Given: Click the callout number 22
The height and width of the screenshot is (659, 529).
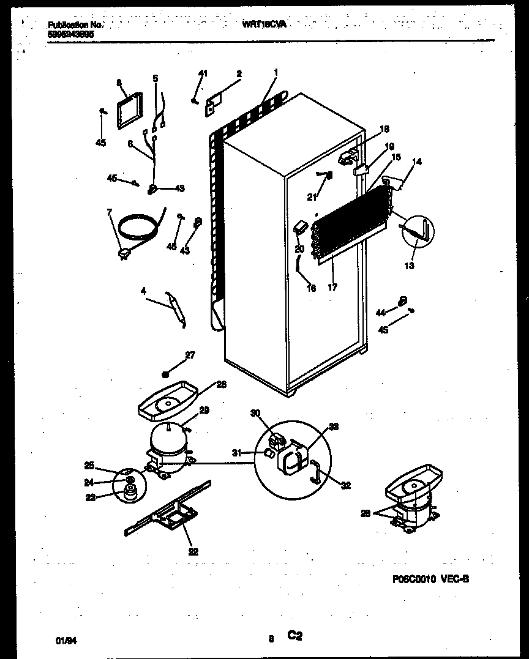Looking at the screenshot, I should (x=194, y=552).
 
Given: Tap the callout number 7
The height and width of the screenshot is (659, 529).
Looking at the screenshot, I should (x=110, y=212).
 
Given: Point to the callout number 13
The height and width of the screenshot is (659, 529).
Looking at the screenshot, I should (x=408, y=266).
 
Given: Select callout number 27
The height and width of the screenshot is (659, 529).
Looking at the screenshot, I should (x=190, y=354).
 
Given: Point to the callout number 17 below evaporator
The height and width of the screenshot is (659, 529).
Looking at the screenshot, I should (x=332, y=286).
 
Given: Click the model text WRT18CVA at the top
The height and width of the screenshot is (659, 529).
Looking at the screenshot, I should (x=264, y=24).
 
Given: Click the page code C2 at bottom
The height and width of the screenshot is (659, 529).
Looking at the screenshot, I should (x=295, y=637).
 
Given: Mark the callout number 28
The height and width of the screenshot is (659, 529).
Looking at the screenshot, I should (x=365, y=513).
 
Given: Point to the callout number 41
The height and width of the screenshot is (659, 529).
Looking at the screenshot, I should (x=203, y=73).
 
